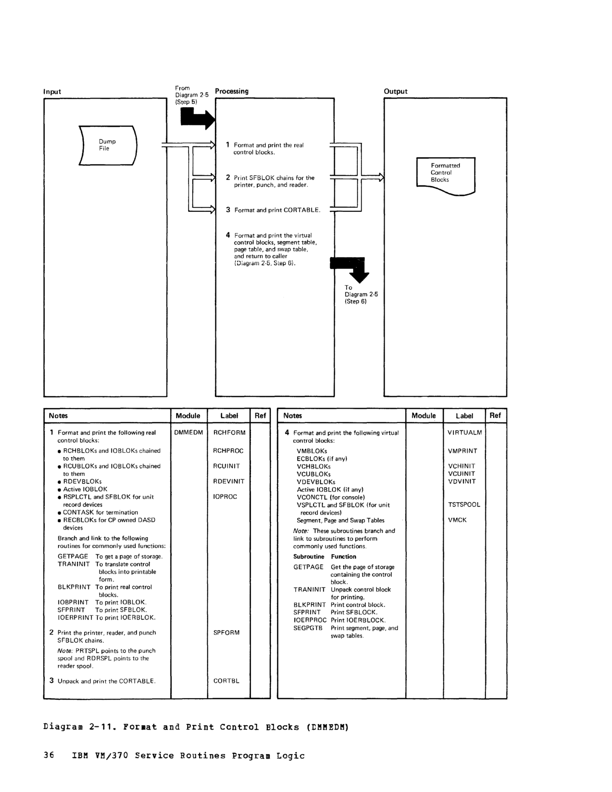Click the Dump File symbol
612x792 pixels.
pyautogui.click(x=108, y=145)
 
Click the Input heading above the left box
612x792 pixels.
pyautogui.click(x=52, y=91)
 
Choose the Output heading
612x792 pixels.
pyautogui.click(x=396, y=91)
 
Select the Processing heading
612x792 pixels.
pyautogui.click(x=232, y=91)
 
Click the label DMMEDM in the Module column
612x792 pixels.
pyautogui.click(x=188, y=432)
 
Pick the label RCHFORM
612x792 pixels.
pyautogui.click(x=229, y=432)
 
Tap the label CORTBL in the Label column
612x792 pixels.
pyautogui.click(x=226, y=681)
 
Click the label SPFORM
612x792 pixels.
pyautogui.click(x=226, y=633)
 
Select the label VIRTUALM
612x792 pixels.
pyautogui.click(x=465, y=432)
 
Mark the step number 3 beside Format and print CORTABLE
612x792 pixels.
pyautogui.click(x=228, y=210)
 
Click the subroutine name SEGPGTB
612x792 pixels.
pyautogui.click(x=308, y=628)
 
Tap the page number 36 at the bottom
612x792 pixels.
pyautogui.click(x=49, y=755)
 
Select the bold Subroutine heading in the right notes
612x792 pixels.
pyautogui.click(x=309, y=556)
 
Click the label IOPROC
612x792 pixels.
pyautogui.click(x=225, y=496)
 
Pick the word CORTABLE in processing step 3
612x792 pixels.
pyautogui.click(x=302, y=210)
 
